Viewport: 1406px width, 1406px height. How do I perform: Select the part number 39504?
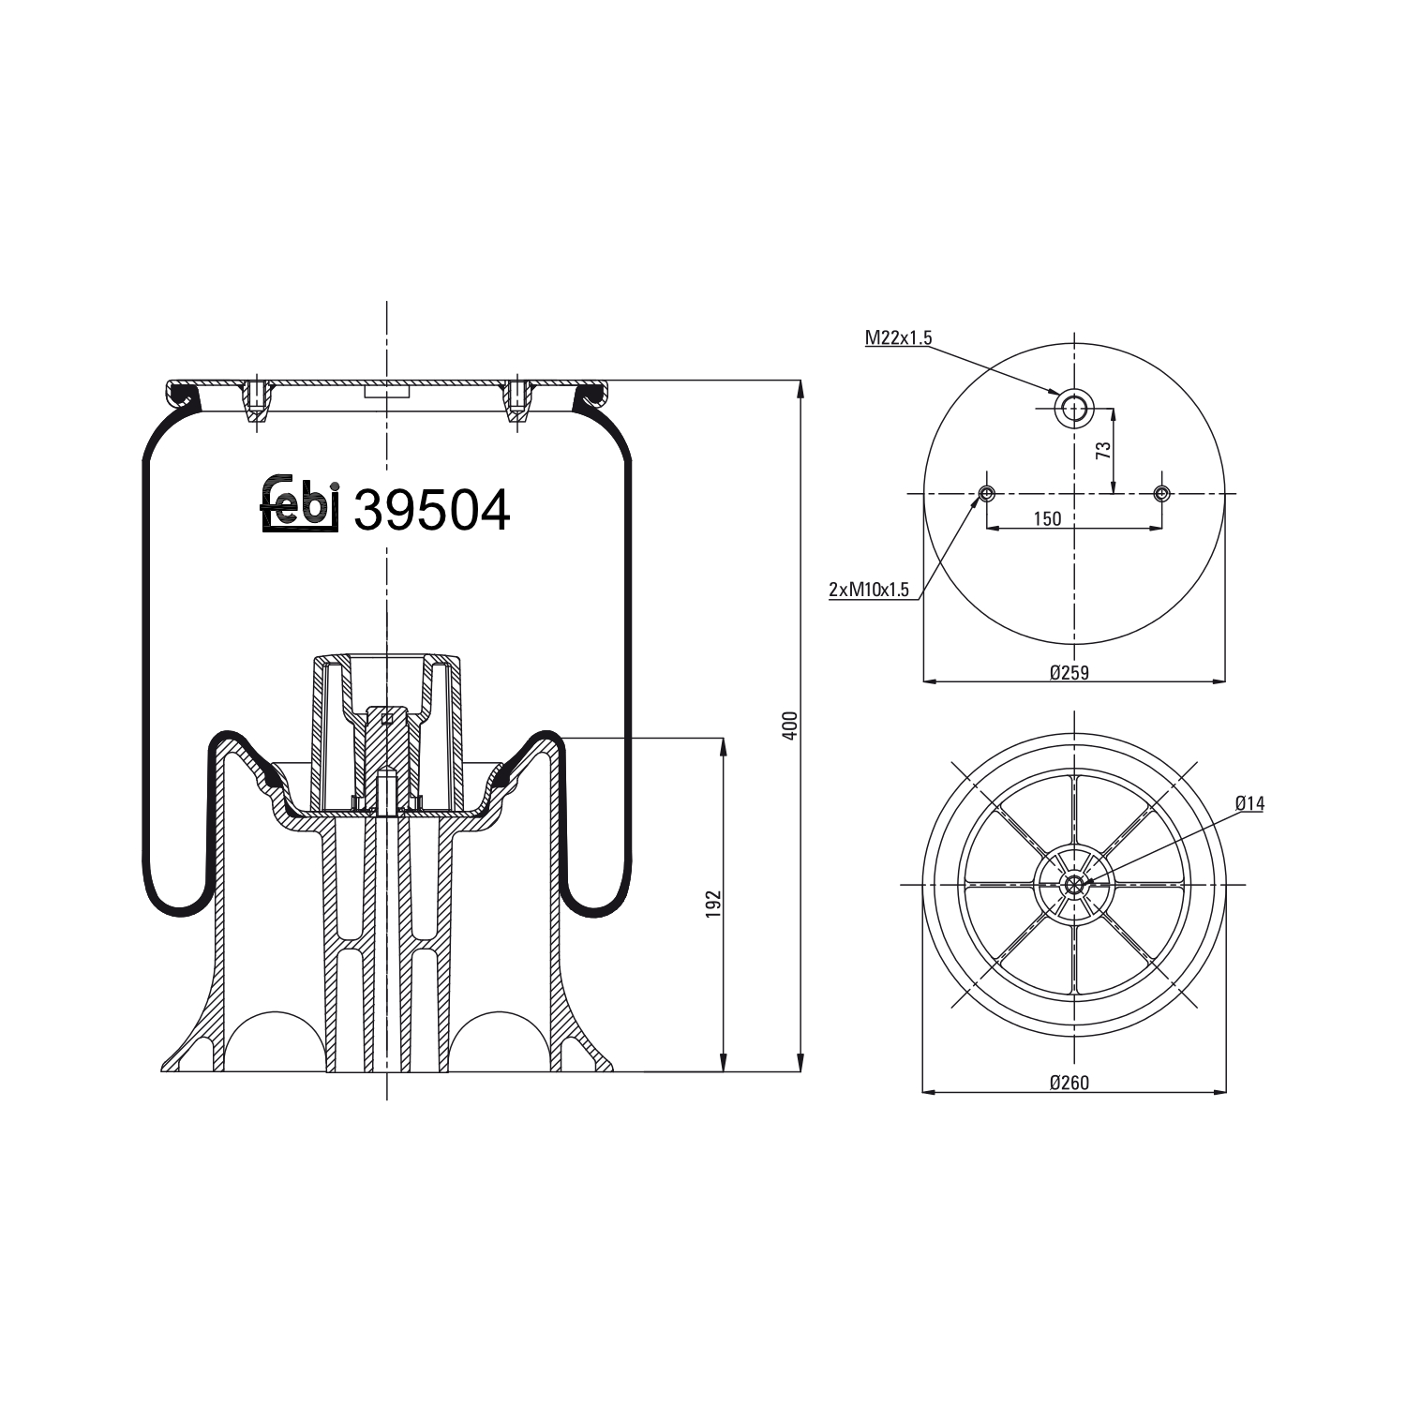pos(431,511)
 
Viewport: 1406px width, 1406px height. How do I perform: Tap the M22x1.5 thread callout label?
pos(898,338)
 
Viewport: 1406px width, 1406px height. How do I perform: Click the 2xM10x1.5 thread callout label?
pos(869,590)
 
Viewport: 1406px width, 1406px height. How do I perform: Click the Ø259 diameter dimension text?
pos(1069,671)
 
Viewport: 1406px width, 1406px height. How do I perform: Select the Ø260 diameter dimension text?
pos(1069,1083)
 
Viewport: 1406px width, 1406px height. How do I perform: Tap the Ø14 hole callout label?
pos(1249,802)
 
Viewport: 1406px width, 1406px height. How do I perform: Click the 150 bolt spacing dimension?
pos(1047,518)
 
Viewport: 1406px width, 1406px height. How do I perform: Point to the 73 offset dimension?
pos(1104,449)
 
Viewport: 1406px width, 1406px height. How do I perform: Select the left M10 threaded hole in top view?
pos(986,493)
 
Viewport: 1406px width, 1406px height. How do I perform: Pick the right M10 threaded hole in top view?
pos(1162,493)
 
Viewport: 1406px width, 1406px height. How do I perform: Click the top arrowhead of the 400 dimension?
pos(800,387)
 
